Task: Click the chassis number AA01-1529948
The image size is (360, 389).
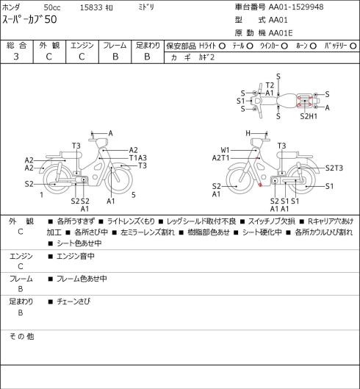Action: [296, 7]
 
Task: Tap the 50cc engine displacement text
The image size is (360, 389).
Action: [52, 7]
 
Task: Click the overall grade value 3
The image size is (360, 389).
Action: [16, 57]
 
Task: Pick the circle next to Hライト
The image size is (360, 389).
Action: [222, 46]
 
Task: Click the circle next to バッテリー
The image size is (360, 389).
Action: [353, 46]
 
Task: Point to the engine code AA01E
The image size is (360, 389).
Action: [281, 33]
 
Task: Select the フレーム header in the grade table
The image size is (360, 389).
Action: [115, 46]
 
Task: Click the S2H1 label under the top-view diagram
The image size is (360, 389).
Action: [309, 116]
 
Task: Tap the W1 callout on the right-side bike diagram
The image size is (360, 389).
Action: [225, 150]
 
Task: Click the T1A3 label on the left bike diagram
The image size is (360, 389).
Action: [138, 158]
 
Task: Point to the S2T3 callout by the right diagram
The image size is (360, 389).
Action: [334, 168]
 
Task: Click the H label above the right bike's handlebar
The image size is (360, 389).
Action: [248, 133]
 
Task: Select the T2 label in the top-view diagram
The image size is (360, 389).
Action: [270, 85]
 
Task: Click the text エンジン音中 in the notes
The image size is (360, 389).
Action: [76, 256]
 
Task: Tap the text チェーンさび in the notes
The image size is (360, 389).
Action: [73, 301]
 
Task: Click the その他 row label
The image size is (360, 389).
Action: [21, 336]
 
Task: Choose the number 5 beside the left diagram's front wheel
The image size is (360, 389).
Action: [134, 195]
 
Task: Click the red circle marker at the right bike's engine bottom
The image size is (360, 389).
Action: [260, 185]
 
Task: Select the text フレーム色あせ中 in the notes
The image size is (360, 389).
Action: [82, 279]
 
